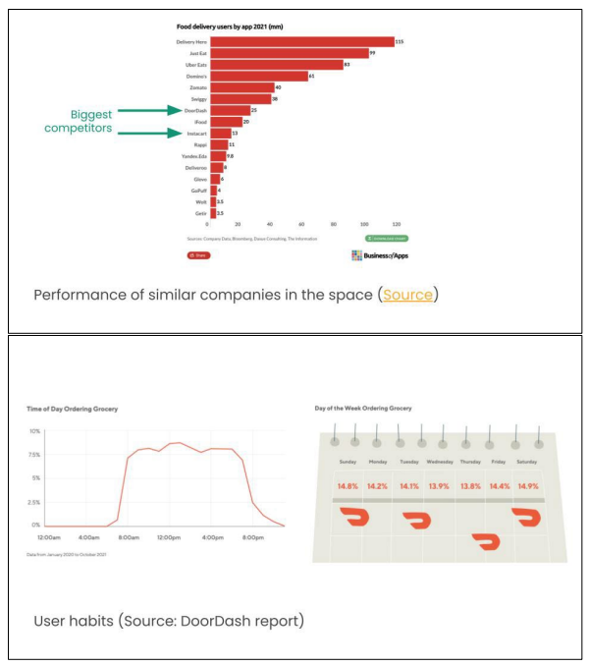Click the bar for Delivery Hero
coord(301,42)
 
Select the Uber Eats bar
coord(276,65)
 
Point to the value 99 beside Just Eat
coord(372,53)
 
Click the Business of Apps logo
coord(378,255)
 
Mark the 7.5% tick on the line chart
coord(33,455)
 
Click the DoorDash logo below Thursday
coord(485,541)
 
